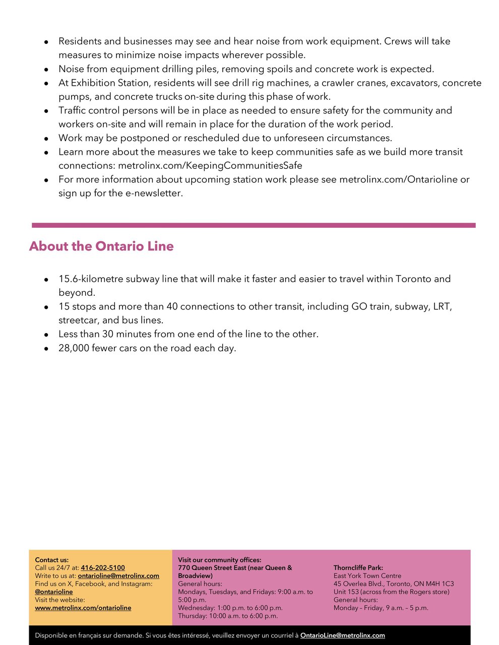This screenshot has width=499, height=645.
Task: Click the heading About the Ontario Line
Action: coord(101,246)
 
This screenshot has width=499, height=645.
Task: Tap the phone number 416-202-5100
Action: coord(103,568)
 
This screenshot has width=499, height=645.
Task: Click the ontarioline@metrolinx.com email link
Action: coord(118,576)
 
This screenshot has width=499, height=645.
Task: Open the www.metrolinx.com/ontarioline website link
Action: coord(83,608)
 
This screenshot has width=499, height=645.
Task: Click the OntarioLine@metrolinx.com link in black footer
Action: coord(342,636)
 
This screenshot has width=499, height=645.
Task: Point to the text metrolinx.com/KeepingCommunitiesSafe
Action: coord(210,166)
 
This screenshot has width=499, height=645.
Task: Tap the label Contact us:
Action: coord(52,560)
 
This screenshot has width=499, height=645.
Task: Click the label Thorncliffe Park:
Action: coord(358,568)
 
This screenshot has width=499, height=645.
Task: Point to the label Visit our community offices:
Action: coord(219,560)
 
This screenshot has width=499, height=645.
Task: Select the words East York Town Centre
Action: coord(367,576)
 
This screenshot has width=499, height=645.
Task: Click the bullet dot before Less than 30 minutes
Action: coord(46,335)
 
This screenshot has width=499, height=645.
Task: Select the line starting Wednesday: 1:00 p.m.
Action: coord(230,608)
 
